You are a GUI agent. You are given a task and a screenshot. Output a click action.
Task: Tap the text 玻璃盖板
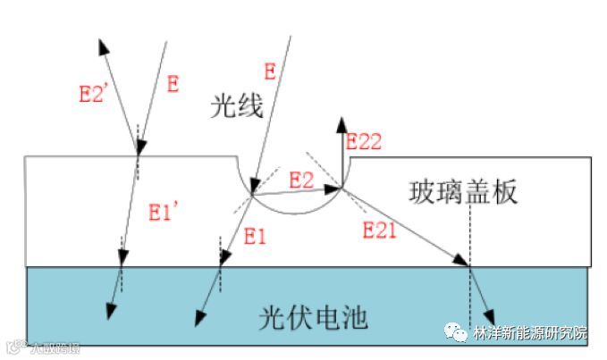pos(464,191)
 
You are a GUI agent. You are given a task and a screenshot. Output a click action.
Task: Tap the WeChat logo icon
pos(458,332)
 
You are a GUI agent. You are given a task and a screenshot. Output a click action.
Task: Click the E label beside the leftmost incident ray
pos(173,85)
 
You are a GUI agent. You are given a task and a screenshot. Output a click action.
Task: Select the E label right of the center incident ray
pos(271,69)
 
